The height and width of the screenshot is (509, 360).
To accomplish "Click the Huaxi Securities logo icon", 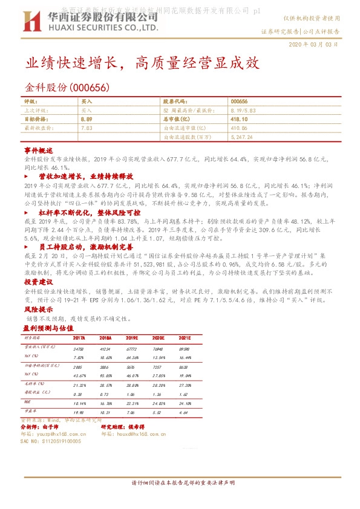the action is (x=30, y=22).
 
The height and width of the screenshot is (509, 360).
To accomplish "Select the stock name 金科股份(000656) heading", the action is (x=67, y=88).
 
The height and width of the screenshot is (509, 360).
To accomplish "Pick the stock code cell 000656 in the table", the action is (x=240, y=102).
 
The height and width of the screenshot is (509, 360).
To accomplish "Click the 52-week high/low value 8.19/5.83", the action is (x=242, y=111).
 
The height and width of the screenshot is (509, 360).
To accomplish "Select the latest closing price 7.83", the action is (x=86, y=128).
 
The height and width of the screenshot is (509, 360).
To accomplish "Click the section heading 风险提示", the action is (x=39, y=308).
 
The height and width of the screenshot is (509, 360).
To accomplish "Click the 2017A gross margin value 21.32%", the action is (x=79, y=384).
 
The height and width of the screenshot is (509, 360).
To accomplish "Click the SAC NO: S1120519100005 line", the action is (x=51, y=441).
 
